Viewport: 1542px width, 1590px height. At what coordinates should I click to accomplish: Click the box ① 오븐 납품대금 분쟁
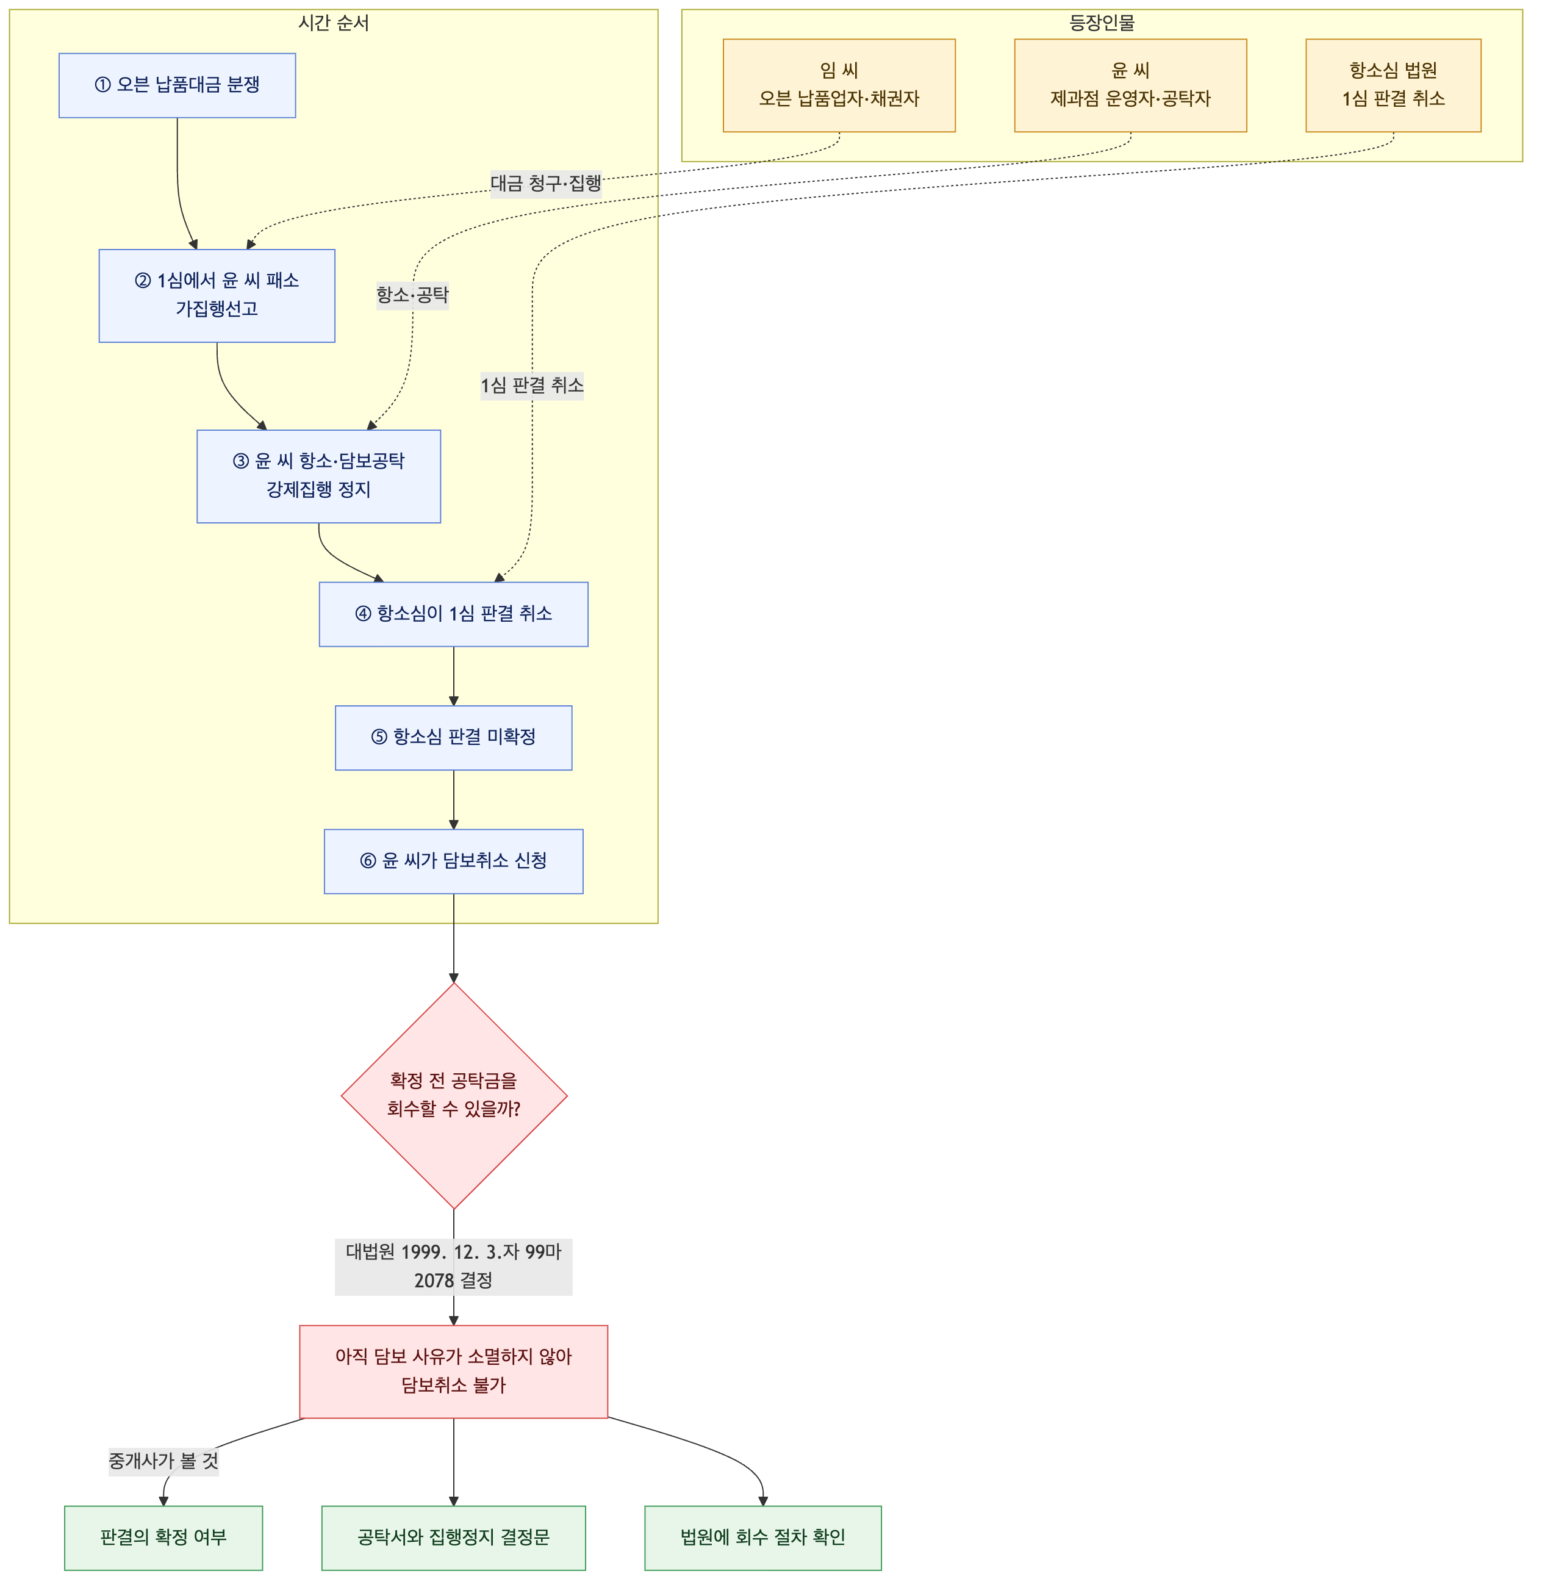pos(177,85)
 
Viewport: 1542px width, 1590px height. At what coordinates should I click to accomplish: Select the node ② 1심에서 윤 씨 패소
pos(217,295)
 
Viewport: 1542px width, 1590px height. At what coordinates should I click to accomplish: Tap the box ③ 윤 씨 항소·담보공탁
pos(319,476)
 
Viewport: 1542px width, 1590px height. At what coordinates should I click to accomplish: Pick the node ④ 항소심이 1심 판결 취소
pos(453,614)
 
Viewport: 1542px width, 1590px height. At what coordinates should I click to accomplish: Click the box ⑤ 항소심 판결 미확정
pos(453,738)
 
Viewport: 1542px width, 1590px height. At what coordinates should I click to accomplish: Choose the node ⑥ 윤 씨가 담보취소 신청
pos(453,862)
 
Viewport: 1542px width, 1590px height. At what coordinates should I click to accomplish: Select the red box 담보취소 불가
pos(453,1372)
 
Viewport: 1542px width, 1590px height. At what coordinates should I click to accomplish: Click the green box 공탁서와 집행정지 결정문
pos(453,1538)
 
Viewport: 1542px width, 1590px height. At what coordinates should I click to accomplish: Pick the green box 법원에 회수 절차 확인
pos(762,1538)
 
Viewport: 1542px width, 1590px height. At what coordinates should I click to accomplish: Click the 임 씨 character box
pos(839,85)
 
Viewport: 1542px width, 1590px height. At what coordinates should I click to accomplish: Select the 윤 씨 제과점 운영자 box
pos(1131,85)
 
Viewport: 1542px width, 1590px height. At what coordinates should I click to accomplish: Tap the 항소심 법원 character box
pos(1394,85)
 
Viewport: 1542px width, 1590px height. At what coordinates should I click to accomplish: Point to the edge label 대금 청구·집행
pos(546,183)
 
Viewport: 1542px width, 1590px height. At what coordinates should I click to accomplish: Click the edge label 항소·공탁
pos(412,295)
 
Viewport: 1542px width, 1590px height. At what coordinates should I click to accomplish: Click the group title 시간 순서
pos(334,23)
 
